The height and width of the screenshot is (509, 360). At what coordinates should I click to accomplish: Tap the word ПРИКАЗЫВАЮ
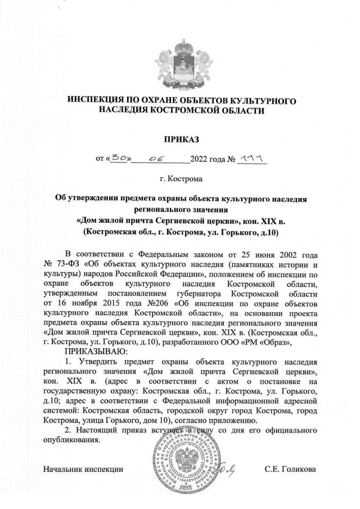pyautogui.click(x=91, y=352)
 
